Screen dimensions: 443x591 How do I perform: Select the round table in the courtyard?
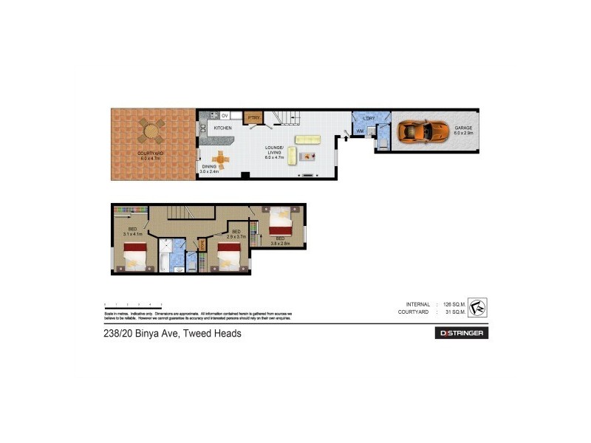point(151,132)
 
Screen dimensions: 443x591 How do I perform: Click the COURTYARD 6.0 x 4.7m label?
point(151,155)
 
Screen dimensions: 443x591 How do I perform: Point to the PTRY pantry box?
point(253,117)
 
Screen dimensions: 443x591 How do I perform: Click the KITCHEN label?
point(222,128)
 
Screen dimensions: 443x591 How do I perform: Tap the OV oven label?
point(225,115)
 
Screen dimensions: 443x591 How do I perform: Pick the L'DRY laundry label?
point(369,118)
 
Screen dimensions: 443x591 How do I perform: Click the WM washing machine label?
point(361,131)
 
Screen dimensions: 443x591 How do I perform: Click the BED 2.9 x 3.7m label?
point(236,234)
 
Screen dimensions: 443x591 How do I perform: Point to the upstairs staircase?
point(180,213)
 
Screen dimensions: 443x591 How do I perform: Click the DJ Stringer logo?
point(461,333)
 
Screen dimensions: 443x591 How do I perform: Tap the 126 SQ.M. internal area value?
point(453,304)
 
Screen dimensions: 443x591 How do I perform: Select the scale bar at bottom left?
point(133,304)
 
